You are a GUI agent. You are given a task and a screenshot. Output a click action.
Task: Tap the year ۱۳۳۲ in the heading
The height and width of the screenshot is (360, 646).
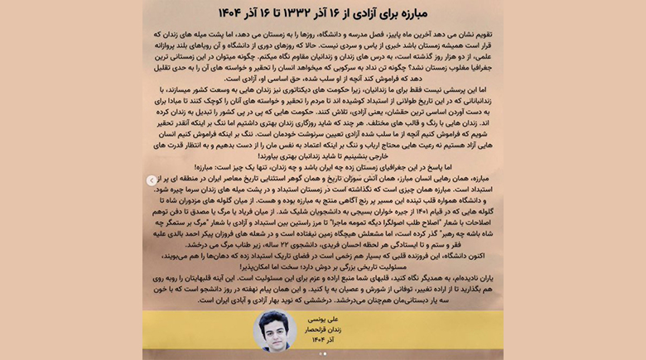pyautogui.click(x=304, y=13)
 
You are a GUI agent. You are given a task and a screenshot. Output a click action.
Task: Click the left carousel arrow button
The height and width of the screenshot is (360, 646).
pyautogui.click(x=151, y=180)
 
